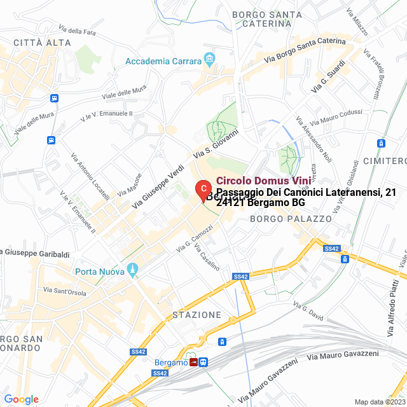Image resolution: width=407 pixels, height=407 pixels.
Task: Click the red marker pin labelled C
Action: [202, 190]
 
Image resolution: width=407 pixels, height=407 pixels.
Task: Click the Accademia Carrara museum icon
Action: [209, 61]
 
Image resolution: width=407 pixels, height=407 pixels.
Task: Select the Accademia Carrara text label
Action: [163, 61]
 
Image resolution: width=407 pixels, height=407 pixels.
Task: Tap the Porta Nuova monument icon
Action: [133, 271]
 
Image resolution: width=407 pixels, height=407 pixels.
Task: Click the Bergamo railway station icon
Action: [192, 362]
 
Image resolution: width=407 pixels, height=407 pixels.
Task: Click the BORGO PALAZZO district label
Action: [291, 219]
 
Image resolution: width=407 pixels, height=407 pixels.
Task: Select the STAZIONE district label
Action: [197, 315]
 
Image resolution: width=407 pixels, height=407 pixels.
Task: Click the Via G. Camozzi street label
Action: [195, 240]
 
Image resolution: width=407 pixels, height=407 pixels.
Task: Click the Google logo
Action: [21, 399]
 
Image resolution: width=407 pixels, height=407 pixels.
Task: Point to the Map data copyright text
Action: [379, 402]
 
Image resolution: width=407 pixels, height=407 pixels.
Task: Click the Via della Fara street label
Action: [77, 30]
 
